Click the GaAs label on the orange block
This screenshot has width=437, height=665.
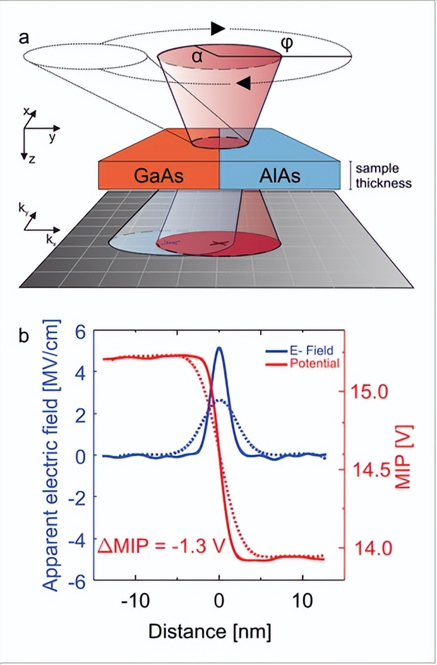pyautogui.click(x=159, y=176)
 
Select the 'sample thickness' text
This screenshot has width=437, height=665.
pyautogui.click(x=383, y=176)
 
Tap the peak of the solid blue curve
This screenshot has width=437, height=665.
pyautogui.click(x=219, y=348)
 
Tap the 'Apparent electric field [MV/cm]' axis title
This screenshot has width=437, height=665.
pyautogui.click(x=54, y=454)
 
